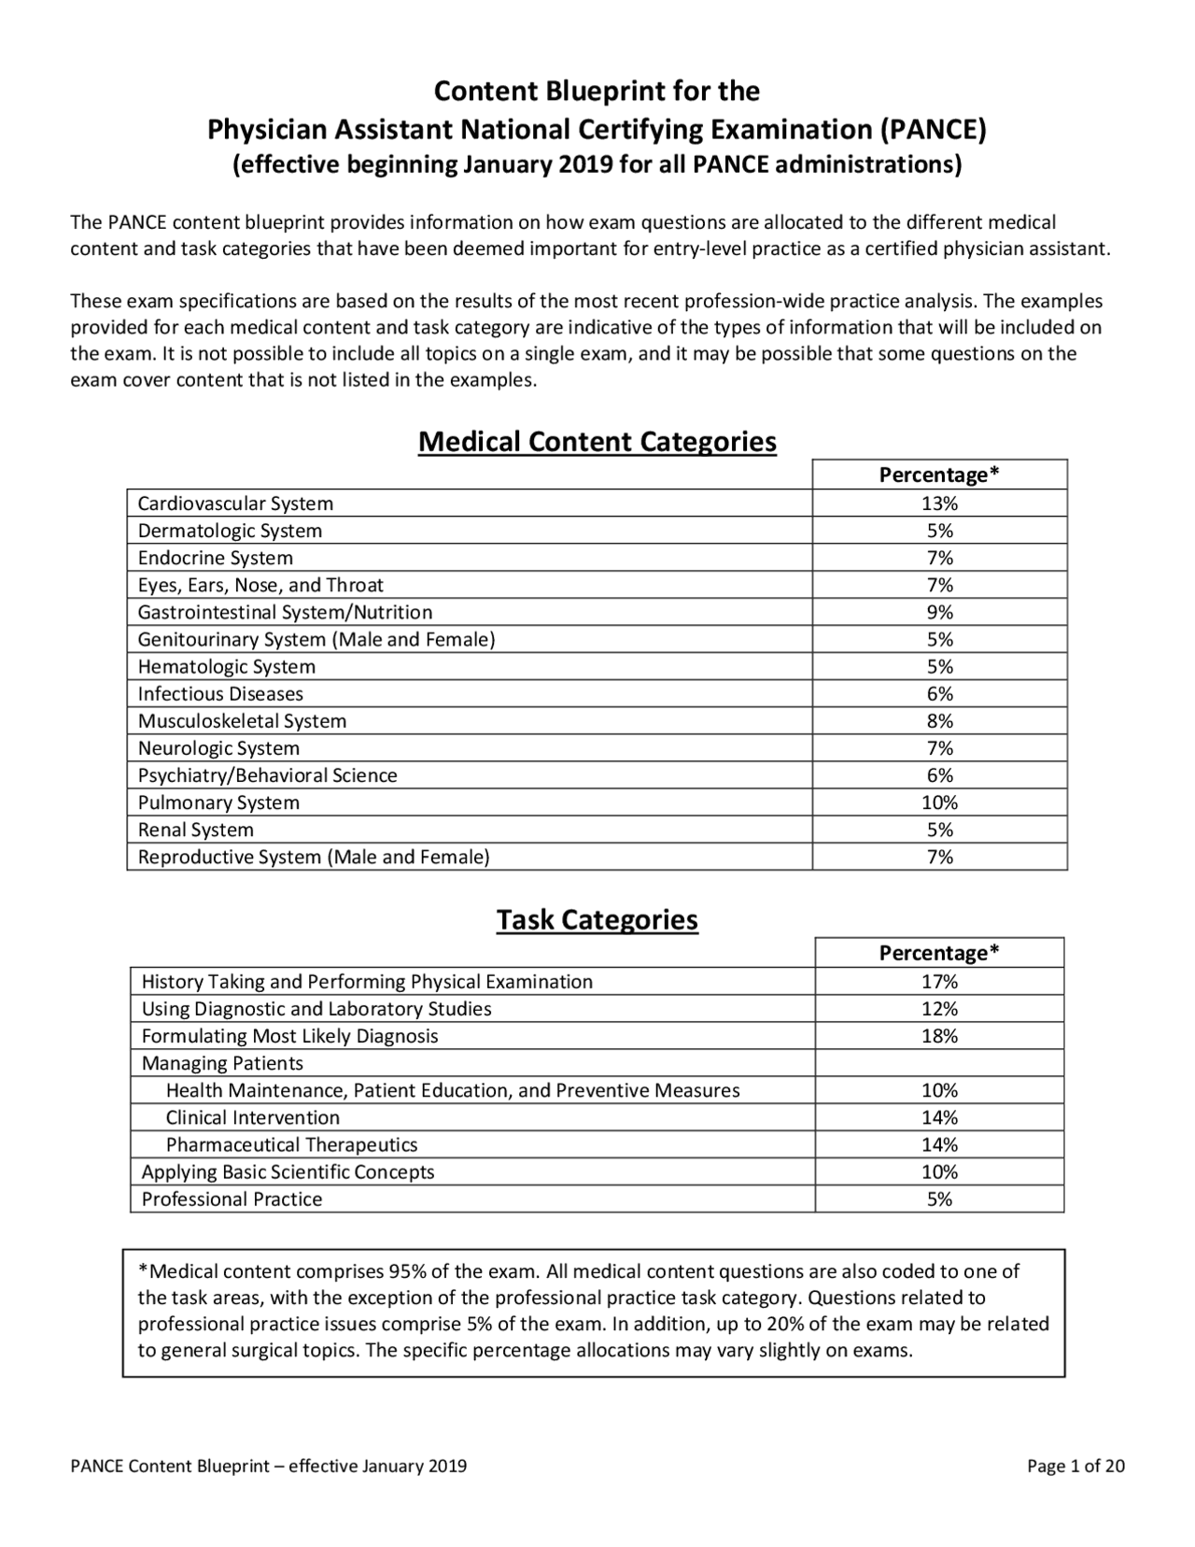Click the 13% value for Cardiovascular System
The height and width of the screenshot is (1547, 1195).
(x=939, y=504)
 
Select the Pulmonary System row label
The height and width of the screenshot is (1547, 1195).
(x=218, y=802)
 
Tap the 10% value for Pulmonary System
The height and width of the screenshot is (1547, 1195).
(x=939, y=802)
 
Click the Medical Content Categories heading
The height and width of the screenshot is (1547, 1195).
(x=597, y=442)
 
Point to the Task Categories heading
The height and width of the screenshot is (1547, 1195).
(x=597, y=920)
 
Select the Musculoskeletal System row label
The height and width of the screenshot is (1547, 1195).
(x=242, y=721)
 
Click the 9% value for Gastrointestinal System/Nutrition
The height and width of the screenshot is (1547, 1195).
(x=939, y=613)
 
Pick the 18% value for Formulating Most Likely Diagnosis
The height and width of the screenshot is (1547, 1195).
(x=939, y=1036)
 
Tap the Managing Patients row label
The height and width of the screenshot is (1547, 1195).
(x=222, y=1063)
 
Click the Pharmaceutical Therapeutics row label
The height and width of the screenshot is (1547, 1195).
(x=291, y=1145)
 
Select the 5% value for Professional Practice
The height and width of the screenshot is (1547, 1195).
(x=939, y=1199)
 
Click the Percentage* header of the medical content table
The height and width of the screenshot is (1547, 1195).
(x=939, y=475)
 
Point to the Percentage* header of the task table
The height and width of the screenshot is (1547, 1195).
(x=939, y=953)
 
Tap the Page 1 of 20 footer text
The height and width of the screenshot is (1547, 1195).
(x=1075, y=1466)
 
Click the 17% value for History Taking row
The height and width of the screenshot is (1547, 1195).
(x=939, y=982)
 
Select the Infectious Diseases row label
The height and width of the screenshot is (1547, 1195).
(x=220, y=694)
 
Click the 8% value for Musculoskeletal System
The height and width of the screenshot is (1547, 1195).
(x=939, y=721)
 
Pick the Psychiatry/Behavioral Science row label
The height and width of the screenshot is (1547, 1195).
(x=267, y=775)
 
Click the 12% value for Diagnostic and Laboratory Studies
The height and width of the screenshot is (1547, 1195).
(x=939, y=1009)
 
